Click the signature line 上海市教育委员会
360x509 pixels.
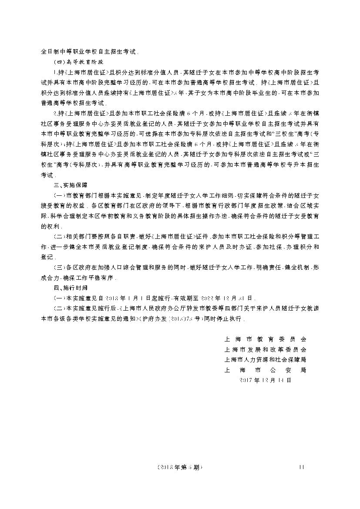click(265, 339)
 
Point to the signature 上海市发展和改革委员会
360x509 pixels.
click(265, 349)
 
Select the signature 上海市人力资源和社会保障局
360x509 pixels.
click(265, 360)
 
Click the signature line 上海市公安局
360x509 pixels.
click(265, 370)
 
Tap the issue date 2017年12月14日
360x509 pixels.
click(265, 380)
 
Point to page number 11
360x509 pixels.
click(301, 468)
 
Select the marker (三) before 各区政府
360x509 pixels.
click(58, 268)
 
